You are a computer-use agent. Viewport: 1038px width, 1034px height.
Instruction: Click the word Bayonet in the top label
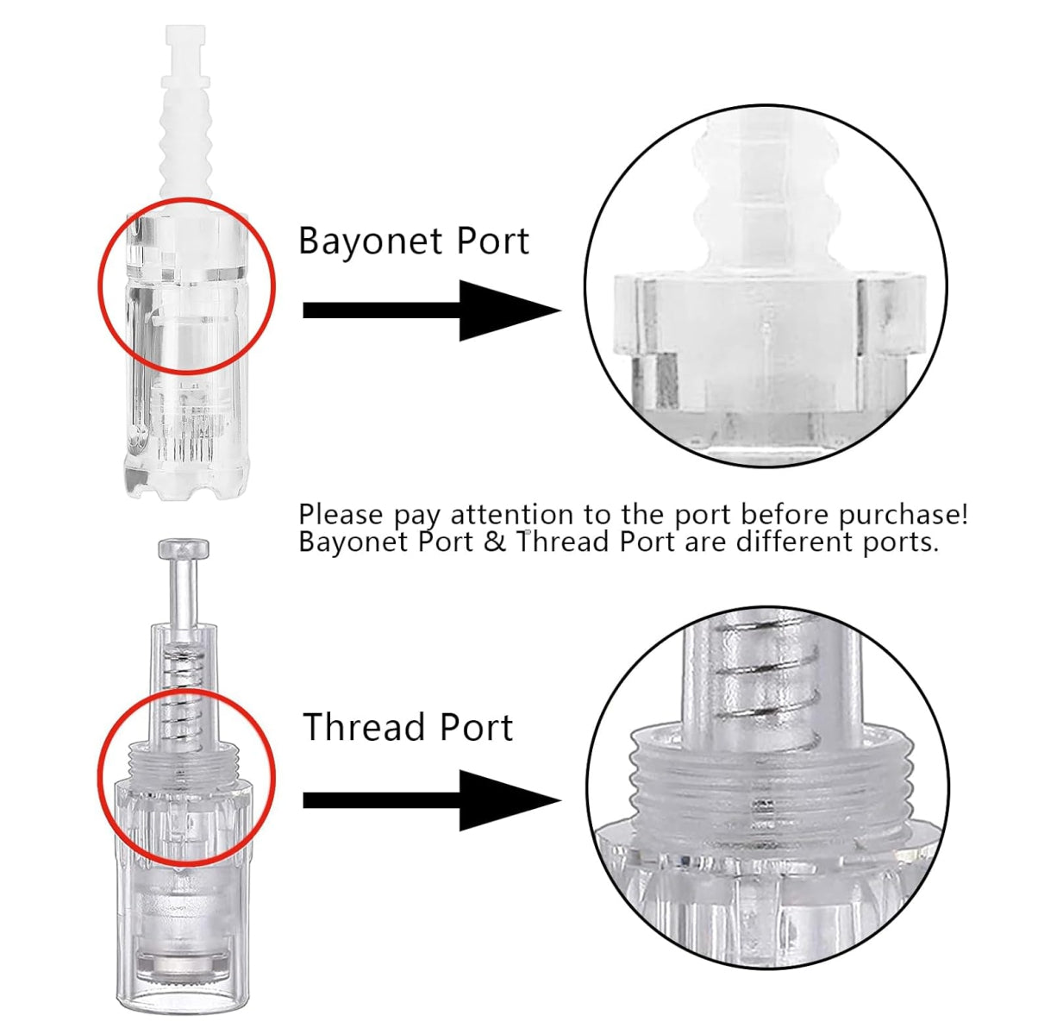coord(370,241)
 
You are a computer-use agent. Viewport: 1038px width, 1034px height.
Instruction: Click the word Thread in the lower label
coord(364,727)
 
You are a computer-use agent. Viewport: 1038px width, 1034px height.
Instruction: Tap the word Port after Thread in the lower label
coord(476,727)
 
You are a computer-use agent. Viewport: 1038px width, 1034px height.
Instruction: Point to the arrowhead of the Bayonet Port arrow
coord(510,310)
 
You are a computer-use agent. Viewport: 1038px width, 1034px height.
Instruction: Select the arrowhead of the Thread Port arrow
coord(510,800)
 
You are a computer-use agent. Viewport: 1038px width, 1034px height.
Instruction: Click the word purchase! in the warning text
coord(903,516)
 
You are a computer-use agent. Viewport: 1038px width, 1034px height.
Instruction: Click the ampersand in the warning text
coord(495,542)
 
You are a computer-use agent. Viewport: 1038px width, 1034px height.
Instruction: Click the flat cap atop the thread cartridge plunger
coord(183,548)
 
